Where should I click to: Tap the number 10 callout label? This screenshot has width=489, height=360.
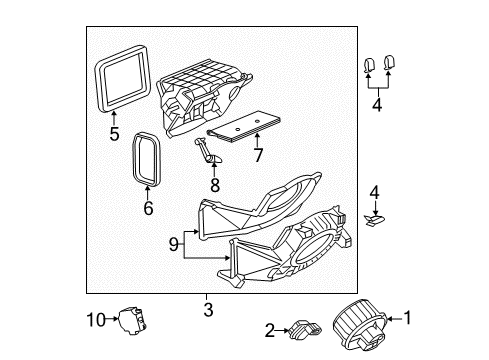click(x=93, y=319)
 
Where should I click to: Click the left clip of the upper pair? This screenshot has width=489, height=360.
click(x=369, y=66)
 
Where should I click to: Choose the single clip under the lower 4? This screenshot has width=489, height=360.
click(x=377, y=215)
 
